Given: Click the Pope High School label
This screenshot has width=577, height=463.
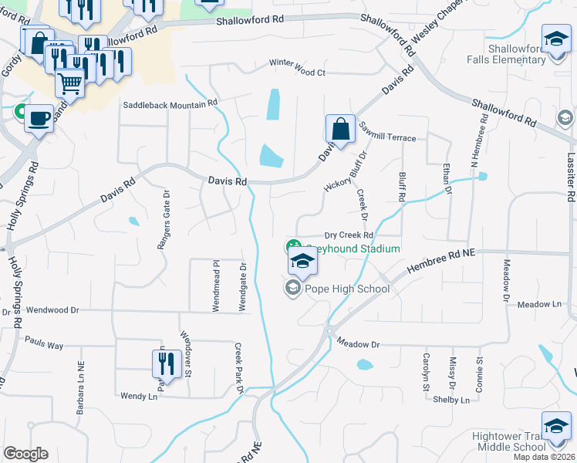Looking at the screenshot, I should [x=347, y=289].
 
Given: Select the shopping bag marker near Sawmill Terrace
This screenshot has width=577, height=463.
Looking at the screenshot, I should [x=340, y=130].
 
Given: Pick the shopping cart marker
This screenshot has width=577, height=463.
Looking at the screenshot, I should [x=69, y=82].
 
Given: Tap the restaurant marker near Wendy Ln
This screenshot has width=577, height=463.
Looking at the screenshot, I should [x=167, y=363].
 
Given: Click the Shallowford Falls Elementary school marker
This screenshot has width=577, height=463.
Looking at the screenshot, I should [x=555, y=40].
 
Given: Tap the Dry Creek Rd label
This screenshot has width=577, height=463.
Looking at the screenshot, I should [x=349, y=235].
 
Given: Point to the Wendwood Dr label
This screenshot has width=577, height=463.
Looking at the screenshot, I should [x=52, y=310].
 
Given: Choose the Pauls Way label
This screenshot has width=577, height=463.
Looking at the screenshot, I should [x=44, y=341].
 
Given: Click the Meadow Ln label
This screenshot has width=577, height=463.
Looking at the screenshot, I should [x=540, y=305].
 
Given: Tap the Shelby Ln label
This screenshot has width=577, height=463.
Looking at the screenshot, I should [x=451, y=400].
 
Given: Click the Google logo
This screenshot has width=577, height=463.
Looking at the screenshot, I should [x=25, y=454].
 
